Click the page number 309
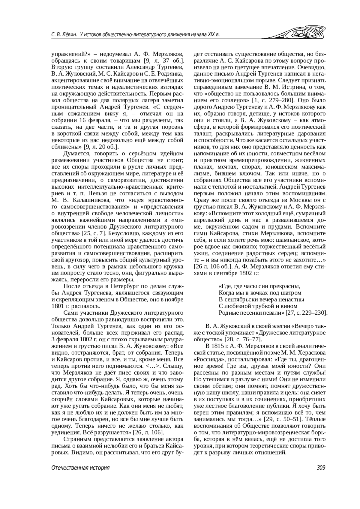tap(321, 468)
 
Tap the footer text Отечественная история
tap(80, 468)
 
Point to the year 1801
tap(57, 306)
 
